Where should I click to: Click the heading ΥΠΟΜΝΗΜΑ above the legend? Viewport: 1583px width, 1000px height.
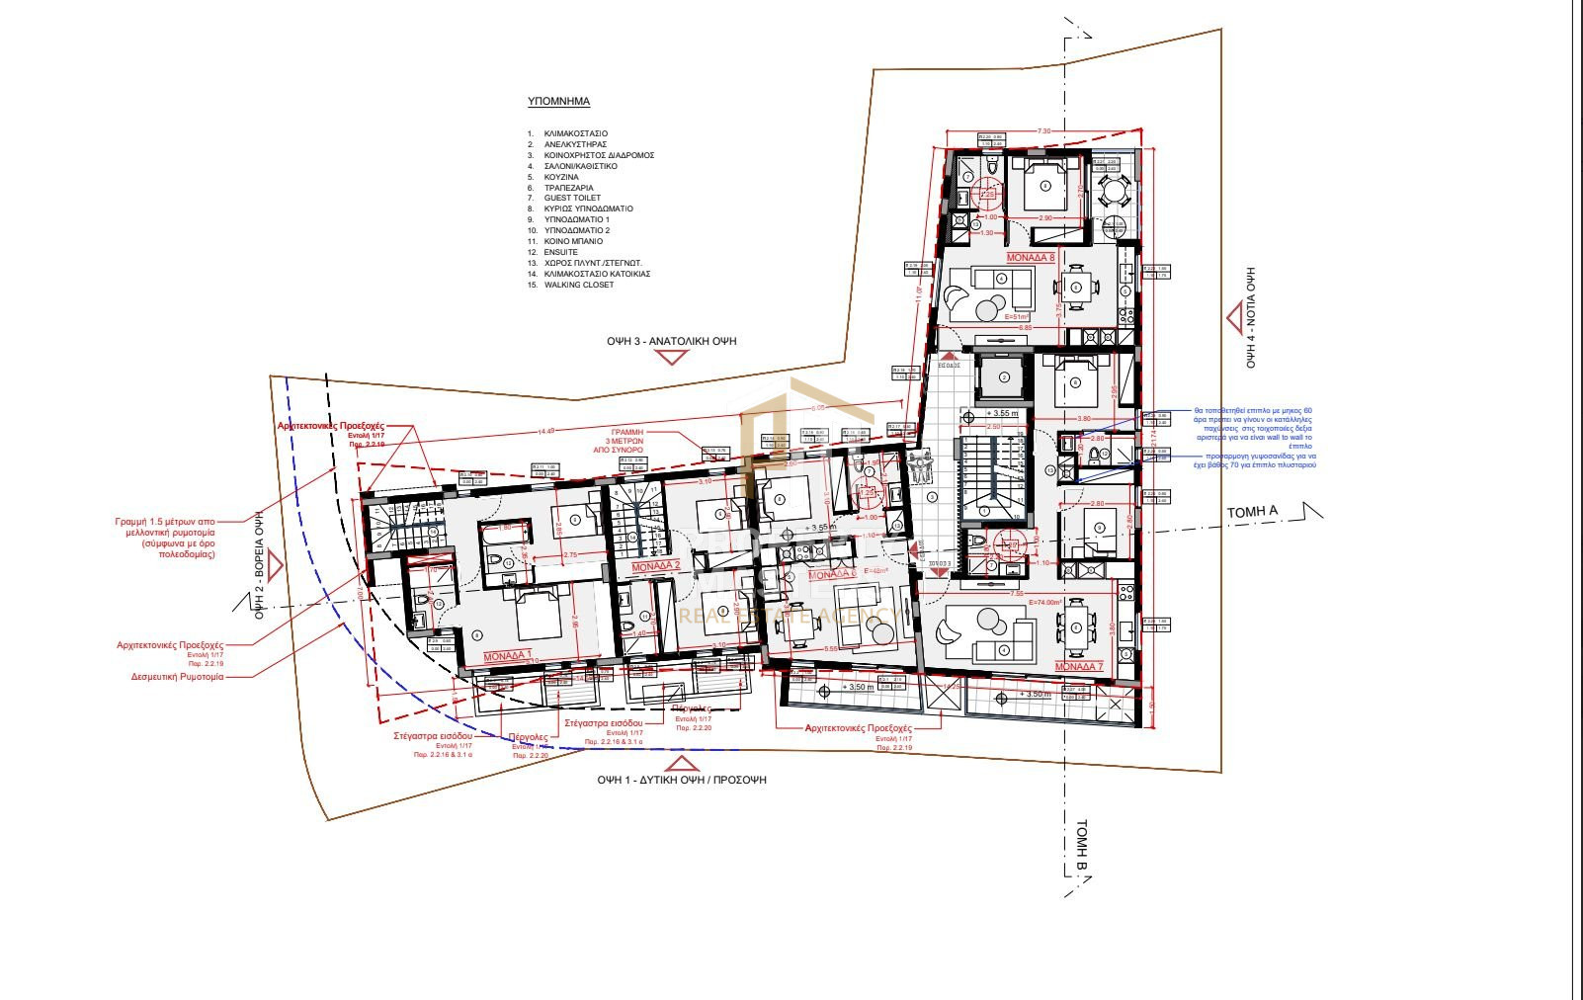[x=558, y=101]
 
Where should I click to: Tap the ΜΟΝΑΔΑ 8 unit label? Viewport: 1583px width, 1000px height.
[x=1031, y=256]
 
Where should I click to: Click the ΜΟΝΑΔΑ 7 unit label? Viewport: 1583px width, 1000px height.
[x=1078, y=666]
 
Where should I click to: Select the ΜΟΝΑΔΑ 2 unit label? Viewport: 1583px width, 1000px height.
[x=656, y=567]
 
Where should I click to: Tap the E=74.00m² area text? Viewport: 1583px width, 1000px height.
[x=1044, y=602]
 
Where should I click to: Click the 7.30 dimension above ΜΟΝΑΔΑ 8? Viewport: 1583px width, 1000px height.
[x=1043, y=130]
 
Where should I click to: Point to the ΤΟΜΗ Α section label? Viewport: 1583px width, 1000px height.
[x=1252, y=512]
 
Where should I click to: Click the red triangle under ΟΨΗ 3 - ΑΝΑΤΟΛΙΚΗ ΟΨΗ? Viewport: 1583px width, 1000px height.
[x=672, y=357]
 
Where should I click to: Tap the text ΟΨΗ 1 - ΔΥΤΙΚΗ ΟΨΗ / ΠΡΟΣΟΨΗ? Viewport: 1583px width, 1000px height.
[x=681, y=780]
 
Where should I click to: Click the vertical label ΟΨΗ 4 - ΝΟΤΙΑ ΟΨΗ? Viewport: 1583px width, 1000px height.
[x=1250, y=317]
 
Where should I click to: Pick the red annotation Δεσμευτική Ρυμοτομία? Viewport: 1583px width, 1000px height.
[x=177, y=677]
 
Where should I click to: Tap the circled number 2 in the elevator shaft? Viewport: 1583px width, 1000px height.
[x=1004, y=376]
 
